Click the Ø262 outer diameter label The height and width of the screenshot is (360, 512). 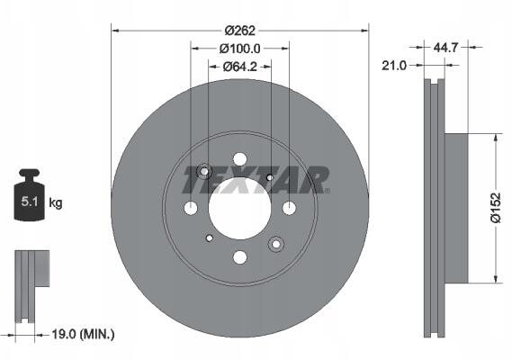click(240, 31)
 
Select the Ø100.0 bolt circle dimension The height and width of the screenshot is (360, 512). click(240, 49)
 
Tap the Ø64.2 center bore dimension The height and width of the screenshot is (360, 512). click(240, 67)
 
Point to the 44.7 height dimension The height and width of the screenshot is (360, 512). click(446, 48)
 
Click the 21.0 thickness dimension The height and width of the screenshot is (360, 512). click(394, 66)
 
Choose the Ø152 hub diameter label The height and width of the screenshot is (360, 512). click(496, 208)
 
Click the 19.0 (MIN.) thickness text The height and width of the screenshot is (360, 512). click(84, 334)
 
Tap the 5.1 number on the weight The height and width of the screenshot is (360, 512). click(30, 202)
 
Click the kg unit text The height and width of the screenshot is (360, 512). click(55, 202)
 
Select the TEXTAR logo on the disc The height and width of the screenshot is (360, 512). click(256, 180)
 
